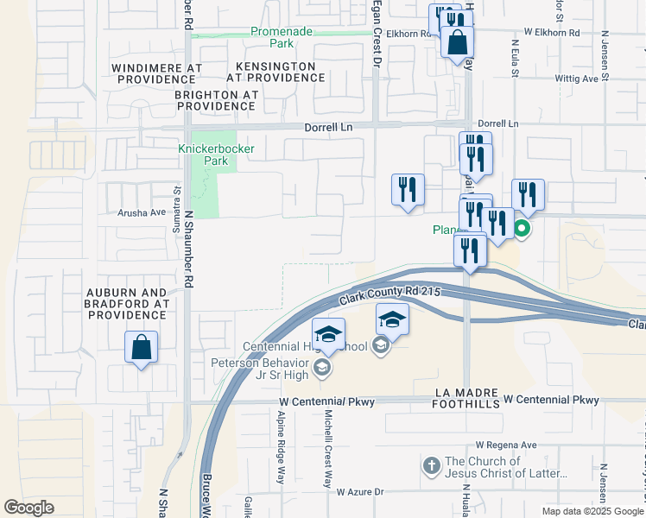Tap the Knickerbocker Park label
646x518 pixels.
pyautogui.click(x=207, y=155)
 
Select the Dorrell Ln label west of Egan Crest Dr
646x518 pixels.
pyautogui.click(x=329, y=126)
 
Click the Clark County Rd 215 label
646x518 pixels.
pyautogui.click(x=390, y=295)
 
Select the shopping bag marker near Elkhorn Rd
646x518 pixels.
pyautogui.click(x=457, y=41)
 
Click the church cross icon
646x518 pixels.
pyautogui.click(x=432, y=466)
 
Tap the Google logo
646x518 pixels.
pyautogui.click(x=29, y=508)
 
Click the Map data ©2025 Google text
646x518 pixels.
pyautogui.click(x=592, y=511)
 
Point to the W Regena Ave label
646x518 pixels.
pyautogui.click(x=505, y=445)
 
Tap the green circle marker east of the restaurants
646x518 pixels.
pyautogui.click(x=522, y=230)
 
